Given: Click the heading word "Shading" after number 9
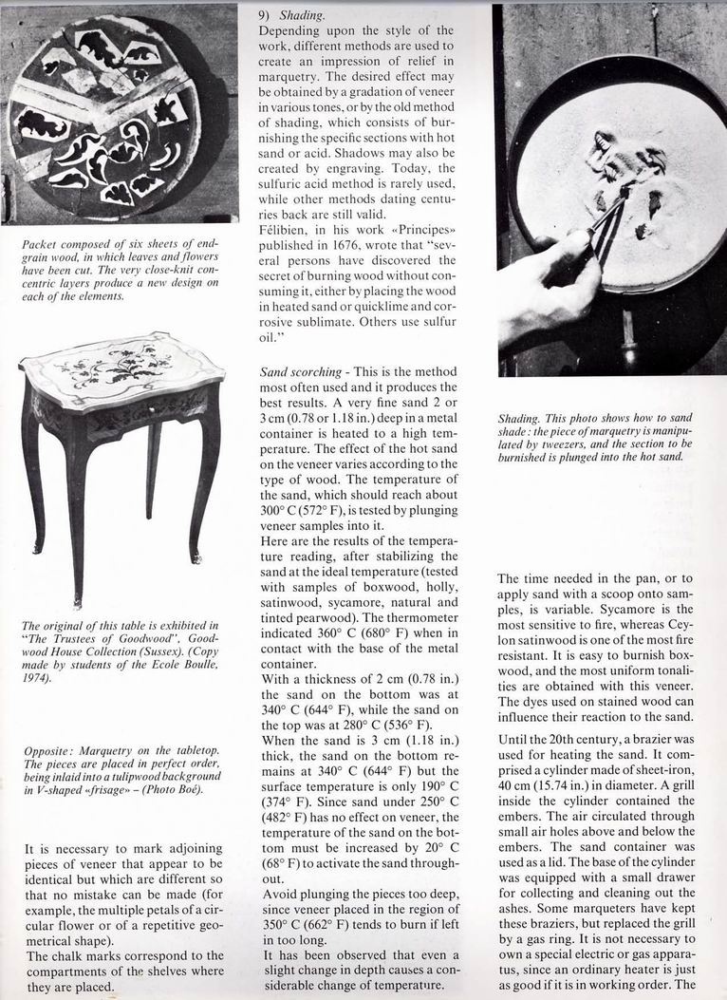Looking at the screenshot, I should (303, 15).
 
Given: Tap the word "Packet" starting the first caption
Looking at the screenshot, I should (40, 244).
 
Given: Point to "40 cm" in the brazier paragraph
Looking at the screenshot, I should (518, 783).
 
